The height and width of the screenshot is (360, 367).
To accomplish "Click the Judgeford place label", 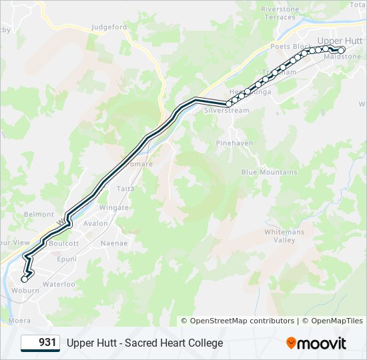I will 109,27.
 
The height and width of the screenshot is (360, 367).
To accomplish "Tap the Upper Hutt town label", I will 340,41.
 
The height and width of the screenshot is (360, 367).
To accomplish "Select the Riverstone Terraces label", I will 280,13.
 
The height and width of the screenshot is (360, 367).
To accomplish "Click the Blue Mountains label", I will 269,172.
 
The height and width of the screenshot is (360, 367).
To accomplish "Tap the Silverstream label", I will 222,110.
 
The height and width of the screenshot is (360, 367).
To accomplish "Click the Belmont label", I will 39,214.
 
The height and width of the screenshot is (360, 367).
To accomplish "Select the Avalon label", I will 95,223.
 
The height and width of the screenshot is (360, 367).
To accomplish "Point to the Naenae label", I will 113,243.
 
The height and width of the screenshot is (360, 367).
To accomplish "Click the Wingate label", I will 113,208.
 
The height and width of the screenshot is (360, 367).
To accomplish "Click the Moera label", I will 19,320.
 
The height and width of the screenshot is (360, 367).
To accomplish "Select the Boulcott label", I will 64,243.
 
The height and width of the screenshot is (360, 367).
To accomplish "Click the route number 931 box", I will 41,343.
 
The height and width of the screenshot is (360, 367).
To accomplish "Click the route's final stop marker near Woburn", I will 25,279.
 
